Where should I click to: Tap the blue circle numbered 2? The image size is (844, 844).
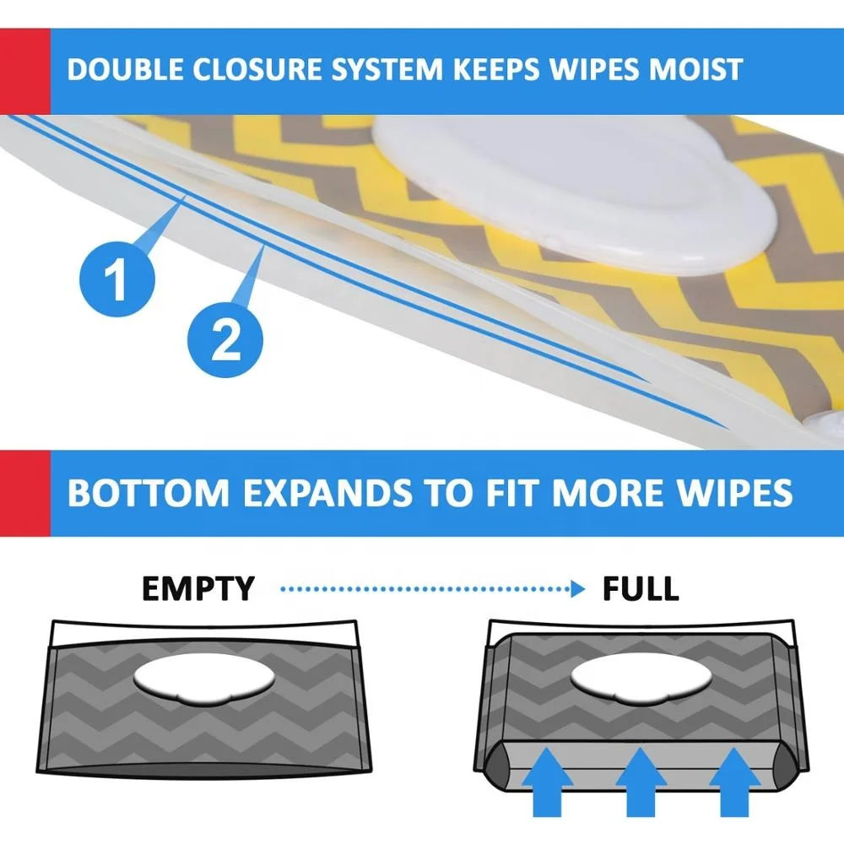click(224, 341)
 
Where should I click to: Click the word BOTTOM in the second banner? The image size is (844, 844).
click(145, 493)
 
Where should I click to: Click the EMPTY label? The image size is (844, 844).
click(197, 589)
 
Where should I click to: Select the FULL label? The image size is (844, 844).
click(640, 589)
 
